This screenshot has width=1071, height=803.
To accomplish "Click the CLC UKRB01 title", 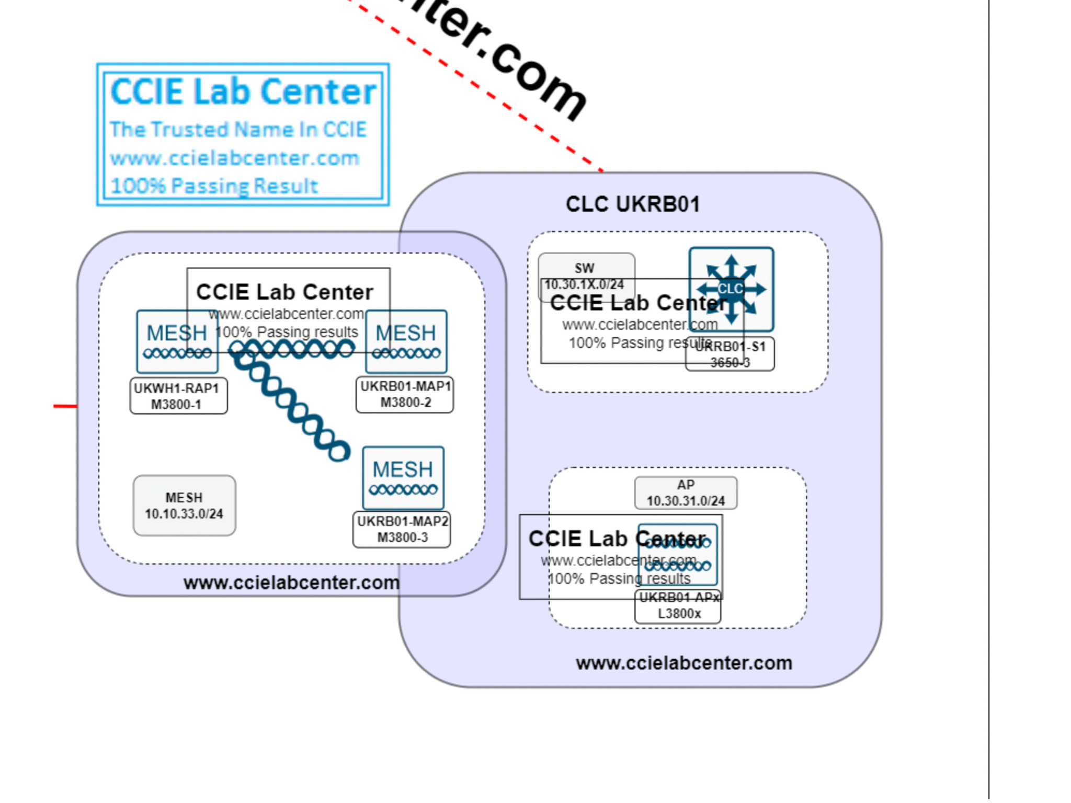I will [x=632, y=204].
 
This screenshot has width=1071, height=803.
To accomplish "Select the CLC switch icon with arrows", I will [x=731, y=289].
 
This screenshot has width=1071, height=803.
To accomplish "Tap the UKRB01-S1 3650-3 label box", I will [x=730, y=354].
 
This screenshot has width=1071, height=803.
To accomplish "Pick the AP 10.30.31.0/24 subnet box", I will [x=686, y=493].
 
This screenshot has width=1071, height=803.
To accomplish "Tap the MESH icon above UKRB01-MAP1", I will [x=406, y=341].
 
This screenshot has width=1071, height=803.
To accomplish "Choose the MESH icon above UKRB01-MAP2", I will [x=403, y=477].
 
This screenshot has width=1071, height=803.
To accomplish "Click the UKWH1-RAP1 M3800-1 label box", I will [x=178, y=396].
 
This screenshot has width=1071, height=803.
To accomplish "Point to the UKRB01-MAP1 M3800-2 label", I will [x=405, y=395].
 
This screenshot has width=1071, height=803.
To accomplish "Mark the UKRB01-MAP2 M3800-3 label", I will [x=402, y=530].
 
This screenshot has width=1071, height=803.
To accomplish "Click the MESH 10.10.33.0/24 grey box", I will [x=184, y=506].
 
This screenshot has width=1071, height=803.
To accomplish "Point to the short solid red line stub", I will [x=65, y=406].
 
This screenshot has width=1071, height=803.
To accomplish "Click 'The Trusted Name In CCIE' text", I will [x=238, y=130].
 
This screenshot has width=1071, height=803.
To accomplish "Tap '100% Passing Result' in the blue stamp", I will [x=214, y=186].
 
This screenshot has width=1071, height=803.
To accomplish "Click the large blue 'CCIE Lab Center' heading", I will [x=243, y=92].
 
